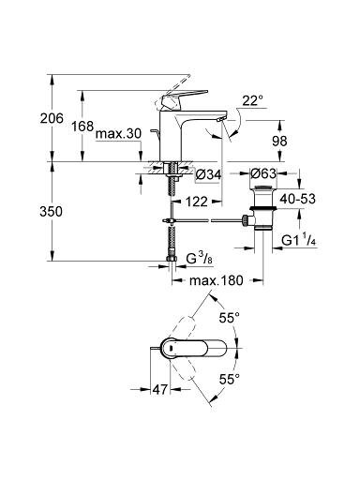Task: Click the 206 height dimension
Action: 52,118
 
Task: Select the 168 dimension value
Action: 82,127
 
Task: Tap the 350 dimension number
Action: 51,212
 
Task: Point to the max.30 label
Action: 118,134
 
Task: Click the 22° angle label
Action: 252,101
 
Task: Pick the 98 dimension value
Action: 279,142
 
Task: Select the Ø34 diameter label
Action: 208,174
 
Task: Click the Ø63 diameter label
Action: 263,173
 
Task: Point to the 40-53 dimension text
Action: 297,199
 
